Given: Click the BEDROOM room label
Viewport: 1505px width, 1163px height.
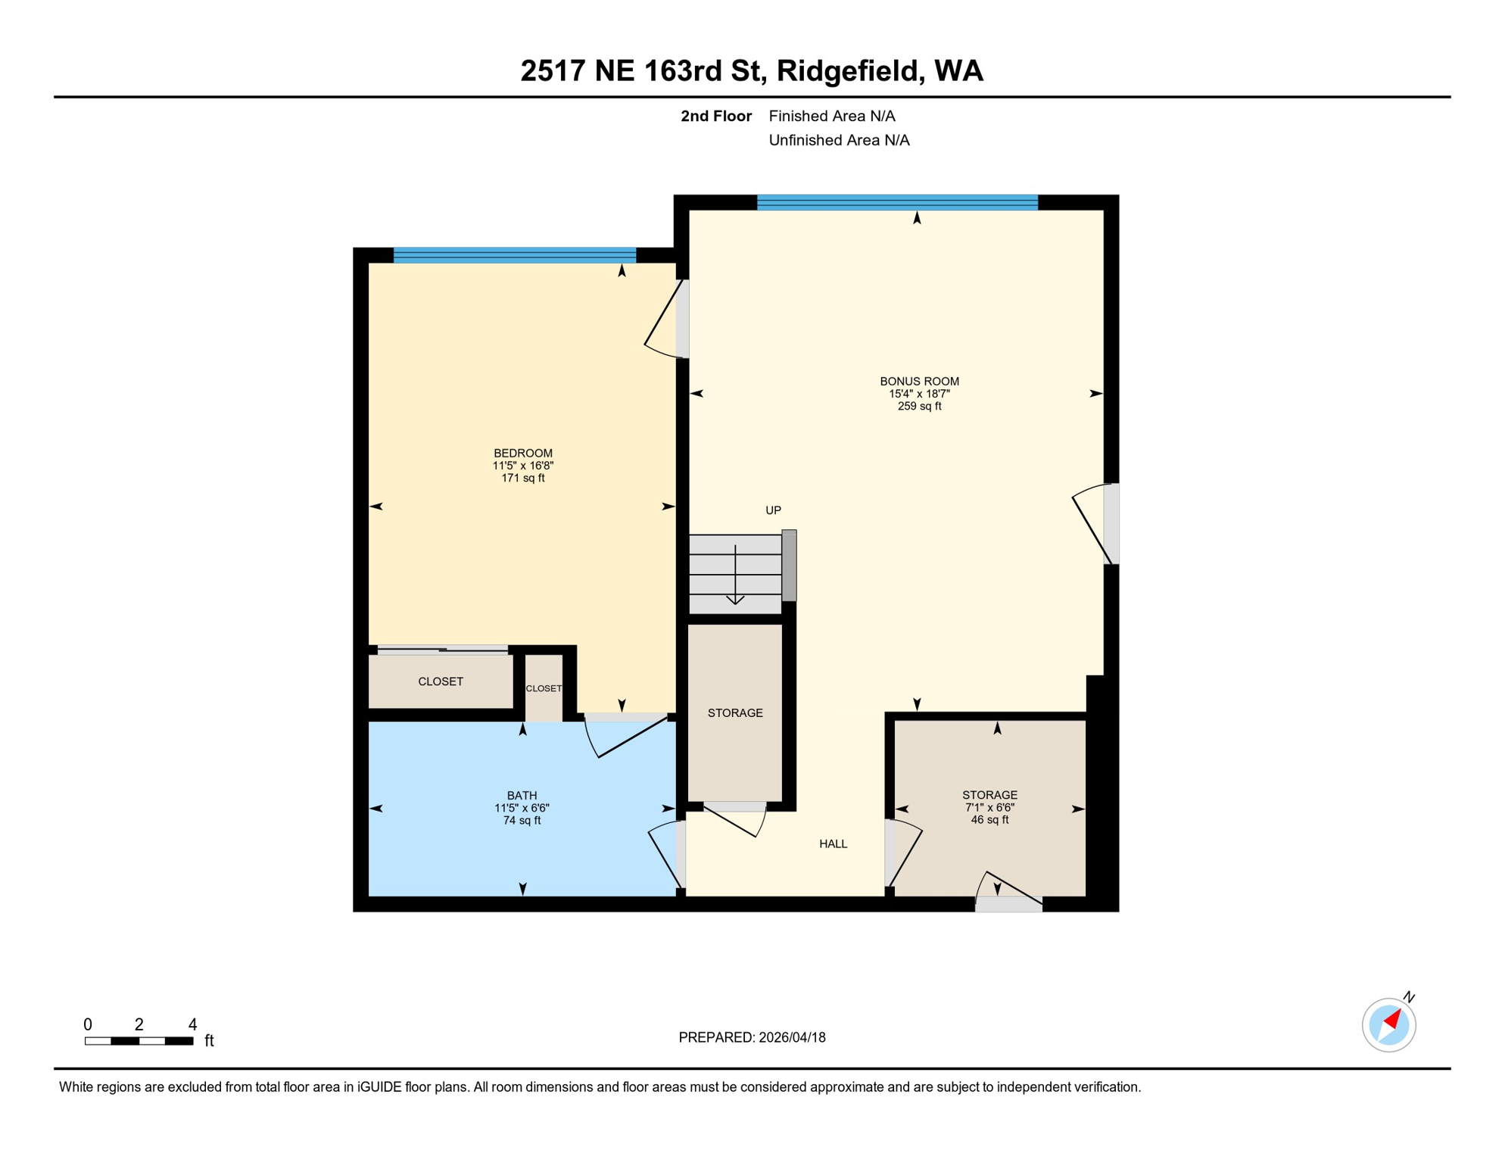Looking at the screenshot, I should pos(522,454).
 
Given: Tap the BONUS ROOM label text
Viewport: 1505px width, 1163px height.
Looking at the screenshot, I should pos(919,382).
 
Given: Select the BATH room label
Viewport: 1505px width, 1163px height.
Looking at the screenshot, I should pos(522,796).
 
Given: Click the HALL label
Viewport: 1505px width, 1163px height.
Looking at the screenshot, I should pos(833,844).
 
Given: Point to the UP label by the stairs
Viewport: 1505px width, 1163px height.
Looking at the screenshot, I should pos(773,510).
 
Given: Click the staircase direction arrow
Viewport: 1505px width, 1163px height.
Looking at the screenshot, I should pos(735,575).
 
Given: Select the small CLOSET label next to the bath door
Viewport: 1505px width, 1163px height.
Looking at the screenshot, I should pos(544,688).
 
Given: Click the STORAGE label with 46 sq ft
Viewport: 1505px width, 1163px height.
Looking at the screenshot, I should pos(989,795).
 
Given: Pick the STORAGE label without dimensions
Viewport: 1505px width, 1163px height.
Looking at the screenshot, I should pos(735,713).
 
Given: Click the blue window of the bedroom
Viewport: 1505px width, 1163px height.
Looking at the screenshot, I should pos(515,255).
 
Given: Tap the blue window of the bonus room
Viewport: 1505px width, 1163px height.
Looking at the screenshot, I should pos(897,202).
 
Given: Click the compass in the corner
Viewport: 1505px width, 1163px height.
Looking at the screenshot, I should pos(1388,1025).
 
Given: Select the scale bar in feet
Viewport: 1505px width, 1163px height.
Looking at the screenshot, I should pos(139,1041).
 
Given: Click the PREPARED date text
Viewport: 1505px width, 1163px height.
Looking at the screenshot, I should pos(752,1038).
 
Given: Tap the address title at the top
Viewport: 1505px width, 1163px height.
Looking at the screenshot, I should pos(752,71).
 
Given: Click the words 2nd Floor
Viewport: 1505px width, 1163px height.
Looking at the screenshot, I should pos(715,116).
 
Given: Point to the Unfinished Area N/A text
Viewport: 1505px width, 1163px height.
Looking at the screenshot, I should pos(839,140).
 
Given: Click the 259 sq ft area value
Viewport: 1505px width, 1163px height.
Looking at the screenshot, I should pos(919,407).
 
